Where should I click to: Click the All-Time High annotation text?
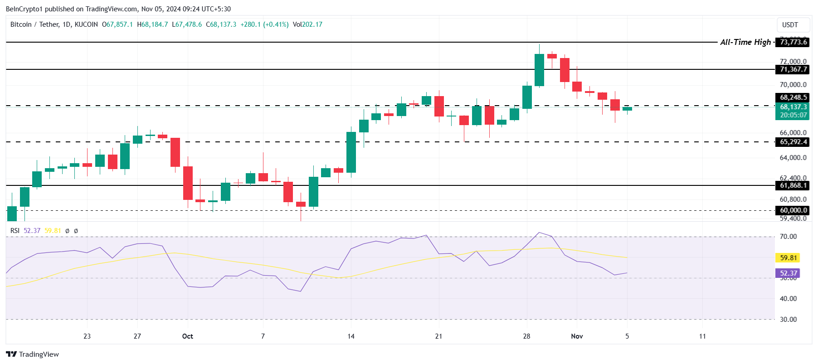[745, 42]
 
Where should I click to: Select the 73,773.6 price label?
[793, 42]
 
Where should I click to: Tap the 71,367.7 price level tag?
[793, 69]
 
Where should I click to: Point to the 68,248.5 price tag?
[793, 97]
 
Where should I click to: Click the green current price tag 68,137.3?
[793, 107]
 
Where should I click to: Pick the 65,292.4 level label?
[793, 142]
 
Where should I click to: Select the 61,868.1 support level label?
[793, 185]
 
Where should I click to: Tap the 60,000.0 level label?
[793, 210]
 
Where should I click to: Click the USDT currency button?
[790, 25]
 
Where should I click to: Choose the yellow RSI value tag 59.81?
[788, 258]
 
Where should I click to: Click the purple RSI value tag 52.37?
[788, 273]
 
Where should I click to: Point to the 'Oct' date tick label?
[187, 336]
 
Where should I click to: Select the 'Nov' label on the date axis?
[577, 336]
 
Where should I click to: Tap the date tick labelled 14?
[351, 336]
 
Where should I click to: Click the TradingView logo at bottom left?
[33, 354]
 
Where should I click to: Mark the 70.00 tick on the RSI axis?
[788, 237]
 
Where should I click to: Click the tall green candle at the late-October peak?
[539, 70]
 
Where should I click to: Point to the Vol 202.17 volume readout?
[307, 24]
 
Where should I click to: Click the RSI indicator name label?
[15, 231]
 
